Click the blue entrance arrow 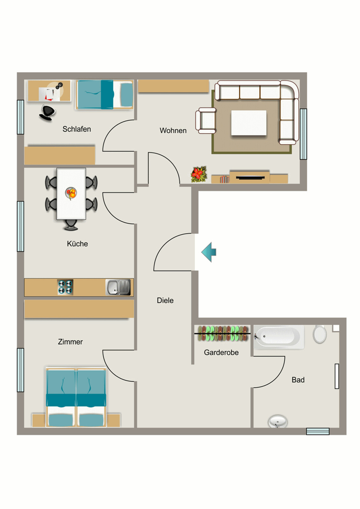coord(209,252)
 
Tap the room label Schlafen coord(77,129)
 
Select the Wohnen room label coord(173,131)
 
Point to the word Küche coord(77,244)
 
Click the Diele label coord(165,301)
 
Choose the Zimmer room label coord(70,342)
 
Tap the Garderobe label coord(221,352)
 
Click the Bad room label coord(298,380)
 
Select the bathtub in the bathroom coord(279,337)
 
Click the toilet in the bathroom coord(320,334)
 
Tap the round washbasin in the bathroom coord(278,422)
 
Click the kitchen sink coord(118,287)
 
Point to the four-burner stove coord(65,287)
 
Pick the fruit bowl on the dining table coord(71,193)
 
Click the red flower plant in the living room coord(199,174)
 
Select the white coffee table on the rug coord(249,123)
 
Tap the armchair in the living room coord(205,121)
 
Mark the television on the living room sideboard coord(250,177)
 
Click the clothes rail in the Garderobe coord(223,334)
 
